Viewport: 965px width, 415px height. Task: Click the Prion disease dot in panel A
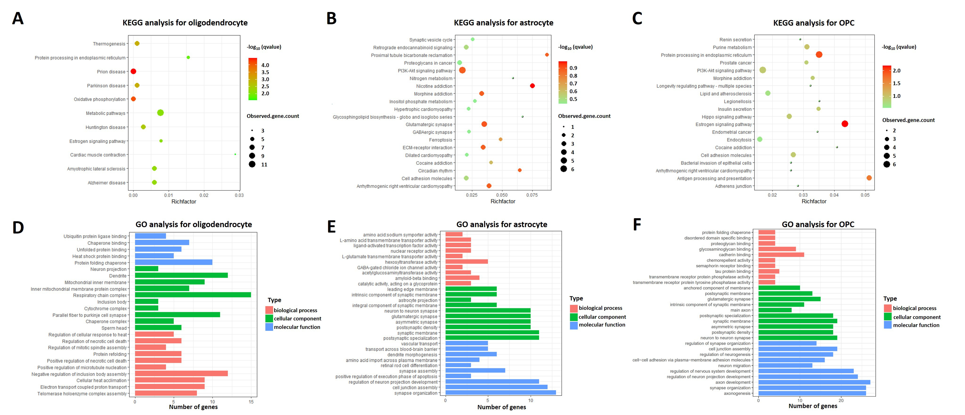point(133,72)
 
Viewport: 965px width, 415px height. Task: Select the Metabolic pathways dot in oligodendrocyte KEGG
point(160,113)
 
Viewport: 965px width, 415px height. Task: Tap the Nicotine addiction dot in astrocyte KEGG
point(532,86)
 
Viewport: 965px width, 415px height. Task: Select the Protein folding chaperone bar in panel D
point(173,262)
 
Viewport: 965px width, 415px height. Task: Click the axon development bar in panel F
point(814,382)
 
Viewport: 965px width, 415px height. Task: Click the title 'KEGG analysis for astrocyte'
point(503,23)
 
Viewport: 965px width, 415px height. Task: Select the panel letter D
point(18,227)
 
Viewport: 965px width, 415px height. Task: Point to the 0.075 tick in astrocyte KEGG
point(532,195)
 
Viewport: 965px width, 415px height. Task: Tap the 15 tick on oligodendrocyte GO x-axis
point(251,402)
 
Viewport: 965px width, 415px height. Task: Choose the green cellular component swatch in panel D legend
point(269,318)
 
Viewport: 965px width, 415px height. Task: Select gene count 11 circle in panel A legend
point(252,164)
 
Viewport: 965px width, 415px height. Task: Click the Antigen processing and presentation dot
point(869,178)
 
